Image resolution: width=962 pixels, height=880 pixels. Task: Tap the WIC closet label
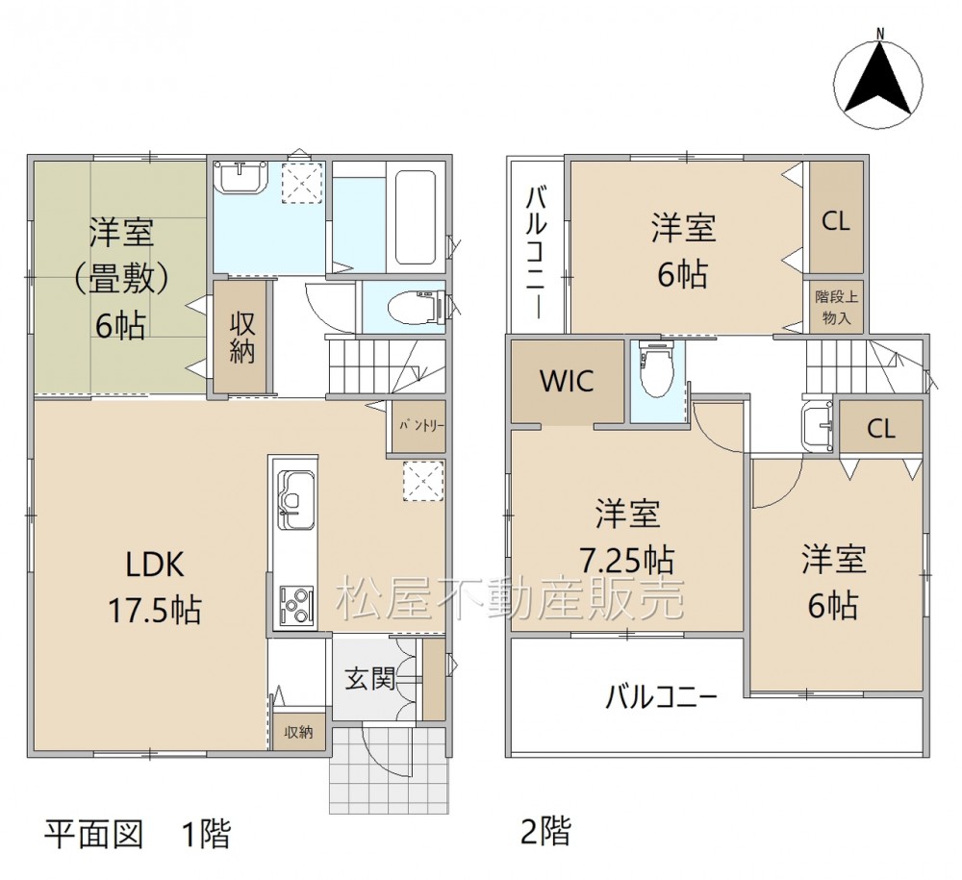point(567,382)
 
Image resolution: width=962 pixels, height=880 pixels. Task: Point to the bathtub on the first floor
point(416,216)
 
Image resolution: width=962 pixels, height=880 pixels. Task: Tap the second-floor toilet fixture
point(656,369)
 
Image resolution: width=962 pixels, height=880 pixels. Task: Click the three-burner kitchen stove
point(297,606)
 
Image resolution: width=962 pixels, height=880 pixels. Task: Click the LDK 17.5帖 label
point(155,587)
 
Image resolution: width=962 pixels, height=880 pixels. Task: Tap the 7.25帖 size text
point(627,560)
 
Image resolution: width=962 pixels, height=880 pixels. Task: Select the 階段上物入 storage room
point(836,307)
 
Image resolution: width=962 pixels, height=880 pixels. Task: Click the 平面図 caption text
point(94,833)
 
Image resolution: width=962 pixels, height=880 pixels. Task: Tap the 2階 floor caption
point(545,831)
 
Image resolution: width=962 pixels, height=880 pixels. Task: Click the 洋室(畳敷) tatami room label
point(121,278)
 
